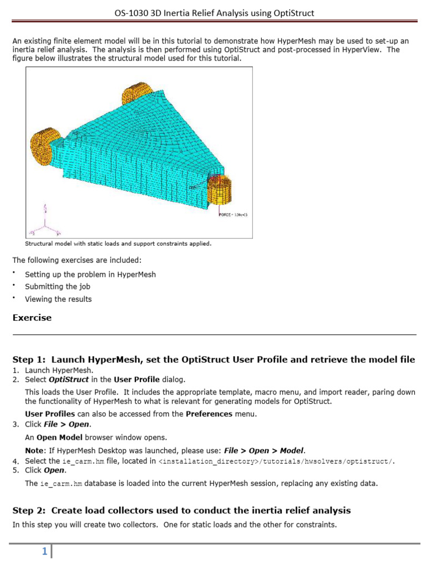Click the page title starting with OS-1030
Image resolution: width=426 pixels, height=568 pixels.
coord(214,12)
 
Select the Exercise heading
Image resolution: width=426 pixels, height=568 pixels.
coord(32,318)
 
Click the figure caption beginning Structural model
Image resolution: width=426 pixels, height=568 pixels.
coord(118,243)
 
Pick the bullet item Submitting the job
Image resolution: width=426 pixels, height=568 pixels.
coord(58,287)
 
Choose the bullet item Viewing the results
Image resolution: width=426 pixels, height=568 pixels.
coord(58,299)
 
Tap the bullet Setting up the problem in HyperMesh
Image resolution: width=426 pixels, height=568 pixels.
coord(90,274)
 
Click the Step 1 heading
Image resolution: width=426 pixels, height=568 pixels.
coord(214,359)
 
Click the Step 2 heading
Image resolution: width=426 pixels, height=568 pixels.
coord(181,510)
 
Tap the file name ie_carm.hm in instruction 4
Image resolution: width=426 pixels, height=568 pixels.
coord(83,461)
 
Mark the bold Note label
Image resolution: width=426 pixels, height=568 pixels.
coord(35,450)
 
